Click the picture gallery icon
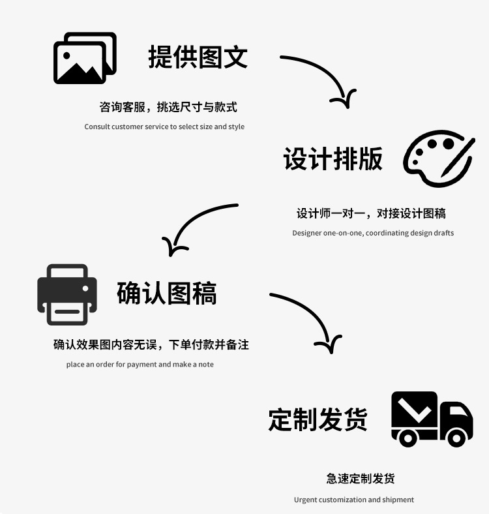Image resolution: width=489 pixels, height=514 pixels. tap(85, 58)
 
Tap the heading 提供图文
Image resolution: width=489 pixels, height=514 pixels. tap(198, 57)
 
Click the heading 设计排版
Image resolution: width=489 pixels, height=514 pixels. tap(333, 159)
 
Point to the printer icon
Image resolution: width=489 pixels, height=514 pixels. tap(67, 294)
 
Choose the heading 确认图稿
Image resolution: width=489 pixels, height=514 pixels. tap(167, 293)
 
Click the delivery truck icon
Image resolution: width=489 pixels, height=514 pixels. tap(432, 419)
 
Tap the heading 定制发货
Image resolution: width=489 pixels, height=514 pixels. tap(318, 419)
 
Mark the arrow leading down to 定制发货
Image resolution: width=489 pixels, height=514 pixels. tap(310, 319)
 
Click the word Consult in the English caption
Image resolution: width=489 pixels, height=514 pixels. tap(97, 127)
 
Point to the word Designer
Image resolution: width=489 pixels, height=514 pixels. tap(306, 233)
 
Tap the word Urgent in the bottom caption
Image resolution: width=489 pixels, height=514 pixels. tap(305, 500)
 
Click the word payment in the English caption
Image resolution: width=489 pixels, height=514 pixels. tap(141, 364)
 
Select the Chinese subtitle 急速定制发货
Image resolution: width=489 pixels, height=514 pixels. tap(361, 478)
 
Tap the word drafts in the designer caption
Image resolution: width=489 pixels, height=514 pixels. tap(443, 233)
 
